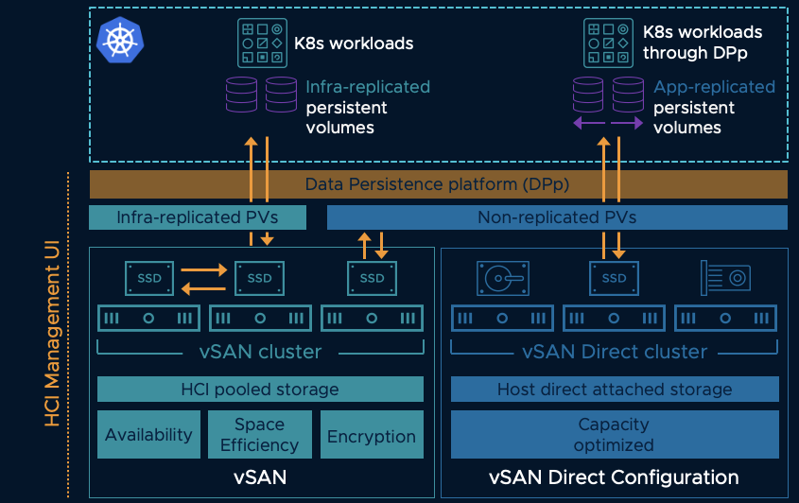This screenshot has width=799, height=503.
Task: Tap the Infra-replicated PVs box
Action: (198, 217)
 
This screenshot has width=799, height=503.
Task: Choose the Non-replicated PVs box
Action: (557, 217)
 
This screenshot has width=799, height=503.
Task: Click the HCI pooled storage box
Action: (260, 389)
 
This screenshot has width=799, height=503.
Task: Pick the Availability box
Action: (148, 435)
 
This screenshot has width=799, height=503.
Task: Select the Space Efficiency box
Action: (260, 435)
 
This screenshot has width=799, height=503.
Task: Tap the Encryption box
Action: (372, 436)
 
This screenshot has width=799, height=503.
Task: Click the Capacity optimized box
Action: (614, 434)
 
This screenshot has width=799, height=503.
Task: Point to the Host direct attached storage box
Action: (615, 389)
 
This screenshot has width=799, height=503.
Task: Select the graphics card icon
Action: (726, 277)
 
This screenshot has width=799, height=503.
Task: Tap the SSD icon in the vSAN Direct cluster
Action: (614, 278)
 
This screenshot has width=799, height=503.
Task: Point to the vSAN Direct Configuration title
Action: (614, 477)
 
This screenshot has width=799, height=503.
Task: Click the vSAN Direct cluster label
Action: (615, 352)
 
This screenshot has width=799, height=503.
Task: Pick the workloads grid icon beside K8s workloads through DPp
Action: (608, 43)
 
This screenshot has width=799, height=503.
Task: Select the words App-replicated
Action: (714, 87)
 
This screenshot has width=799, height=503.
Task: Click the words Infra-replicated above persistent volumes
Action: (368, 87)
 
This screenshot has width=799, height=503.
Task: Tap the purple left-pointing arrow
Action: (588, 125)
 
